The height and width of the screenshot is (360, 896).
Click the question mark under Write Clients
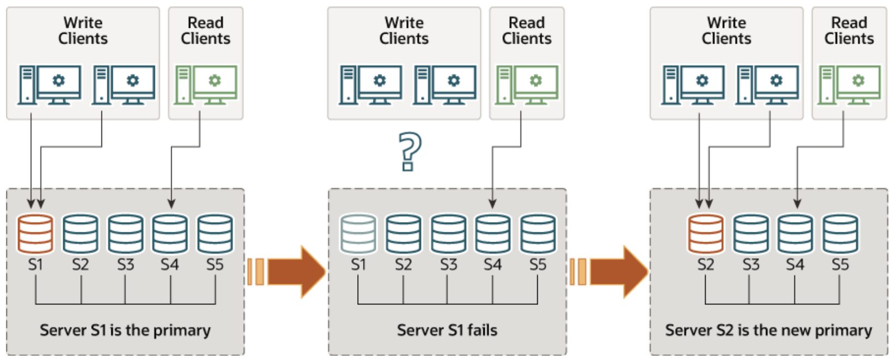point(410,151)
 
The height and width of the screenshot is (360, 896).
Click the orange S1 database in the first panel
point(35,234)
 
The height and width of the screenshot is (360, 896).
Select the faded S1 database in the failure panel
point(358,234)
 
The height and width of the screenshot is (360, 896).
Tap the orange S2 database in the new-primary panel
point(706,234)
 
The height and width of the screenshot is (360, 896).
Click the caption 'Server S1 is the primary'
point(125,330)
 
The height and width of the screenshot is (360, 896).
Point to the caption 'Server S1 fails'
point(447,330)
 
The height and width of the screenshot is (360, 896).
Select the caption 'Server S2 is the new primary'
point(768,330)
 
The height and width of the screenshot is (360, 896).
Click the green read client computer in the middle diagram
point(527,85)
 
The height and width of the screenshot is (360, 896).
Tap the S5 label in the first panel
point(215,265)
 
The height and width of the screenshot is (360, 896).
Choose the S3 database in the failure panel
point(448,234)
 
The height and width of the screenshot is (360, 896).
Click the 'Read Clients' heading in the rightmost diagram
point(849,31)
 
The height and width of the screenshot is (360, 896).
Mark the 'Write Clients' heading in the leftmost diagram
point(83,31)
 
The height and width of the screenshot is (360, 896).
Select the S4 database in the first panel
point(170,234)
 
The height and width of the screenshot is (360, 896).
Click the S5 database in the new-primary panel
point(840,234)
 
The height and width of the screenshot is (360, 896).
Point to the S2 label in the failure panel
point(404,265)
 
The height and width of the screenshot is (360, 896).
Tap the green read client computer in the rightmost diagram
point(849,85)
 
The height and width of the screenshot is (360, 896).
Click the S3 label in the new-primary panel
point(751,265)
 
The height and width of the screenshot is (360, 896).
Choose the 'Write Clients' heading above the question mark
point(404,31)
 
